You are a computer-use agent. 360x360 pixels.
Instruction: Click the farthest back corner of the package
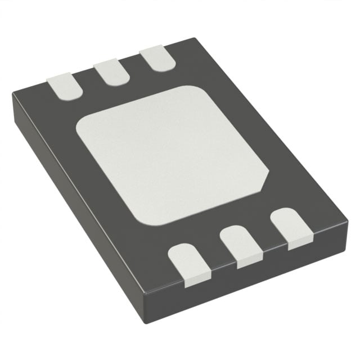click(x=194, y=38)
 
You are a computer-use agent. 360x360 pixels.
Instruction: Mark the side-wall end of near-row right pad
click(x=298, y=244)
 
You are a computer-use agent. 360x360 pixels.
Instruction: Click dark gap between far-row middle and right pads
click(x=134, y=65)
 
